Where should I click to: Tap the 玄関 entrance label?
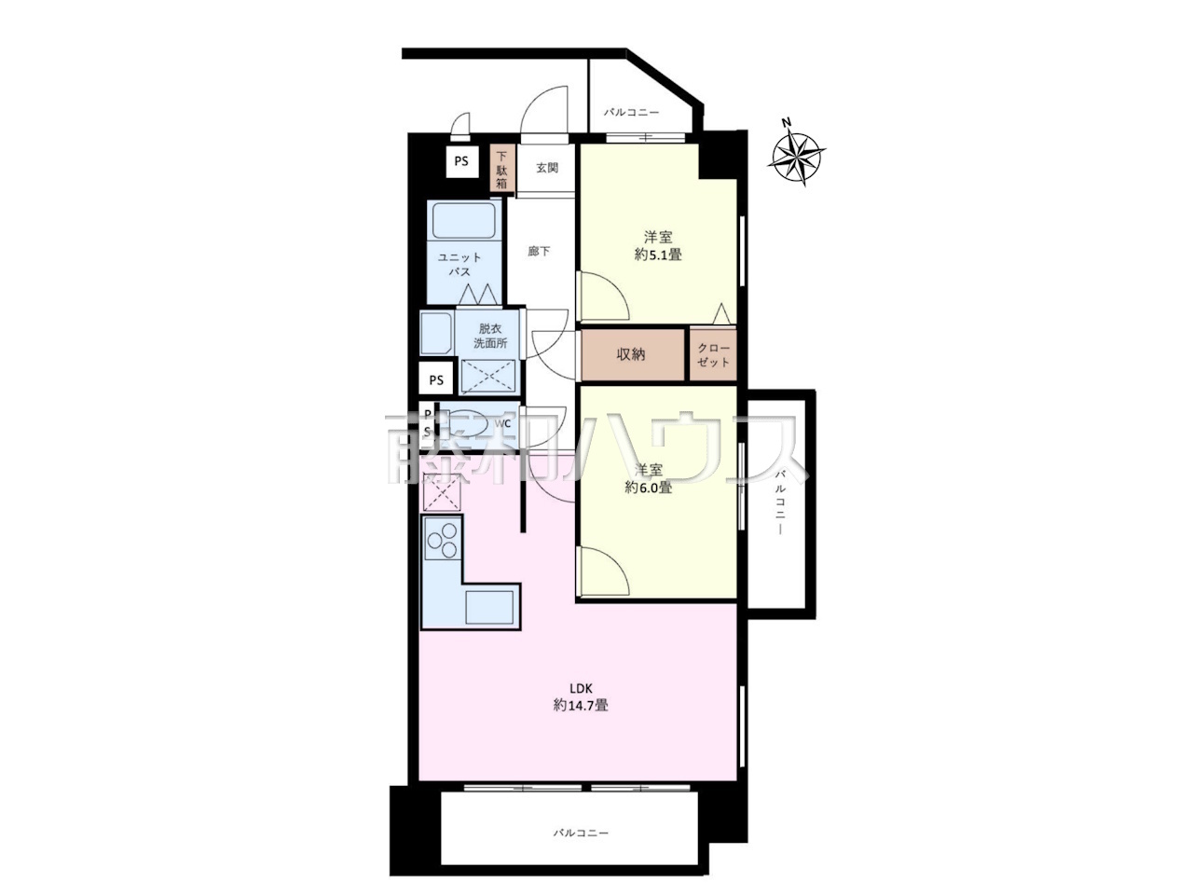[547, 168]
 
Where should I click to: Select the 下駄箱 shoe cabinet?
[501, 169]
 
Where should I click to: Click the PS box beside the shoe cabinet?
[461, 161]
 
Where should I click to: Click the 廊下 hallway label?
[539, 251]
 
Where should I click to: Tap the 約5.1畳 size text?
[658, 255]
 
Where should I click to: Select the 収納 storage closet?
[633, 355]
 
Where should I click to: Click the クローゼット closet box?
[714, 355]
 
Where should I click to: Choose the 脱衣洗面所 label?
[490, 336]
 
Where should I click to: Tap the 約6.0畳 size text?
[649, 487]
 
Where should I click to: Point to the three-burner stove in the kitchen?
[442, 538]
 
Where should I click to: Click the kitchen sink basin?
[489, 608]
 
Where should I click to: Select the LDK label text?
[580, 689]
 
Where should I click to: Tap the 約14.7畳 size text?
[581, 706]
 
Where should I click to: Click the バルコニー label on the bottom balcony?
[581, 833]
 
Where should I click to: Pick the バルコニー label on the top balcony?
[632, 113]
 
